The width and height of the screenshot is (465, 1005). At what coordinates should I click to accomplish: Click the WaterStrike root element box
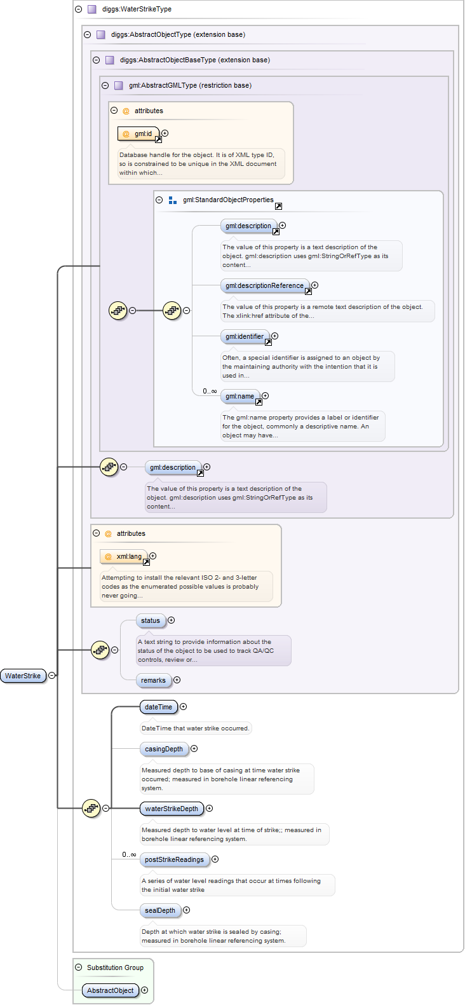click(x=23, y=676)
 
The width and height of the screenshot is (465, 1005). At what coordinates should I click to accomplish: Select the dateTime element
click(x=158, y=707)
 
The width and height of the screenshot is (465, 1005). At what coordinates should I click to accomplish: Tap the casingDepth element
click(x=163, y=749)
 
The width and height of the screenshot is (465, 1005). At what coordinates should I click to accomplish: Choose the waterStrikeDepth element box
click(x=172, y=809)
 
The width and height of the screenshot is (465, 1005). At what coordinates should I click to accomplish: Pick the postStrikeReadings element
click(x=174, y=859)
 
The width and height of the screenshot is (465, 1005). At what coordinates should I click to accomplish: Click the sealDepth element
click(x=159, y=910)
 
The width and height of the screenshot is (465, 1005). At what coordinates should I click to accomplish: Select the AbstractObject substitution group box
click(x=111, y=990)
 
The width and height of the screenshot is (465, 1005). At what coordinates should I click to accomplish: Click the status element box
click(x=151, y=620)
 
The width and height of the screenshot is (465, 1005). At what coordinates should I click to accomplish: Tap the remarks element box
click(x=153, y=680)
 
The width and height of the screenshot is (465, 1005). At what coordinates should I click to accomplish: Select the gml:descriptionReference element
click(x=265, y=285)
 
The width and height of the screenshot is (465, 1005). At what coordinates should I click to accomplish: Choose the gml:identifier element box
click(x=245, y=336)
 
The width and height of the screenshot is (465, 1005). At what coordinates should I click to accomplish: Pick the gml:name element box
click(x=240, y=396)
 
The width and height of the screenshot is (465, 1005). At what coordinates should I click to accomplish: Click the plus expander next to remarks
click(x=177, y=680)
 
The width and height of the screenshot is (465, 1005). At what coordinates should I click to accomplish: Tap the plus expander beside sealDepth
click(x=187, y=910)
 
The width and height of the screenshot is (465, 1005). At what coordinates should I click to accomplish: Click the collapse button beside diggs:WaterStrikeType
click(x=79, y=9)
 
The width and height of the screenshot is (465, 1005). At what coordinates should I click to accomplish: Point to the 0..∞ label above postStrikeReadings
click(x=129, y=854)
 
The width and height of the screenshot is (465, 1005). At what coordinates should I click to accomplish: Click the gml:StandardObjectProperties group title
click(x=228, y=200)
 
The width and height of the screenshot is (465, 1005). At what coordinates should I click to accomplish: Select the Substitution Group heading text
click(x=115, y=967)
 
